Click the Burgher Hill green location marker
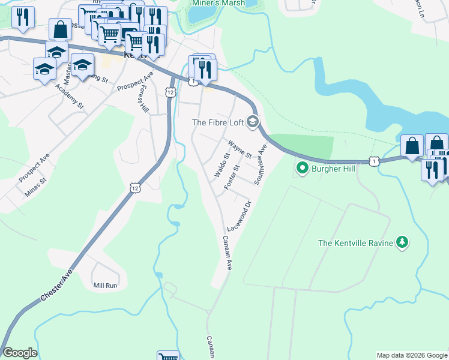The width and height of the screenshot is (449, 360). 303,168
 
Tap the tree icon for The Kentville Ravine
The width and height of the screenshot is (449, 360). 402,242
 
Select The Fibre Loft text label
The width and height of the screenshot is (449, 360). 217,122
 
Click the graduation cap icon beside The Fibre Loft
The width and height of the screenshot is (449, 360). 253,122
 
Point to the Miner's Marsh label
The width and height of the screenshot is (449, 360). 218,3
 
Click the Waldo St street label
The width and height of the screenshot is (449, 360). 222,166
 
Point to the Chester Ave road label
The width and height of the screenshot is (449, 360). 59,280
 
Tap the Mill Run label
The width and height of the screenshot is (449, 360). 106,286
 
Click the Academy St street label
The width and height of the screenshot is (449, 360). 70,96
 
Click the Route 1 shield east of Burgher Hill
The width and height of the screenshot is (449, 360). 374,161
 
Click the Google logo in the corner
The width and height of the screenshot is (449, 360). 20,353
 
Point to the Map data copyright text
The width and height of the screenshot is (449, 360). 411,355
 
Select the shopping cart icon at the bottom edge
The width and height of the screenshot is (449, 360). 168,356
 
